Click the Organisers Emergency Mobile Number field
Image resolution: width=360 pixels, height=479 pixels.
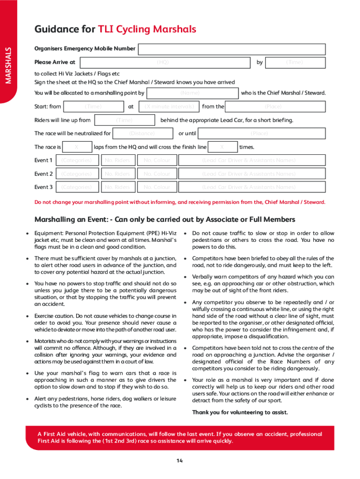pyautogui.click(x=231, y=49)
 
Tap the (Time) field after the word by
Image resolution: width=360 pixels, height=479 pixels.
pyautogui.click(x=295, y=62)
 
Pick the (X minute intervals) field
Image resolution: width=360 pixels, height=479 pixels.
pyautogui.click(x=169, y=107)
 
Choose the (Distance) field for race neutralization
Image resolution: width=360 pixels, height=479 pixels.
pyautogui.click(x=142, y=133)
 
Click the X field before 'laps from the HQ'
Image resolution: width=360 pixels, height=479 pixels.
pyautogui.click(x=77, y=147)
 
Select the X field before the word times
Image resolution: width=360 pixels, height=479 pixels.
pyautogui.click(x=222, y=147)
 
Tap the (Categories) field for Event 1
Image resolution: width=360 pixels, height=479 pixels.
pyautogui.click(x=77, y=160)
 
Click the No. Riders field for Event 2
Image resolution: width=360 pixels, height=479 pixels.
pyautogui.click(x=117, y=174)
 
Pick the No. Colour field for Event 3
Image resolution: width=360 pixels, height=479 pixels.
pyautogui.click(x=157, y=187)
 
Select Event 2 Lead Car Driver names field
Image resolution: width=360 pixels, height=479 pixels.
pyautogui.click(x=248, y=174)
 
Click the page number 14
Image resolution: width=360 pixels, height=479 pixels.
pyautogui.click(x=180, y=461)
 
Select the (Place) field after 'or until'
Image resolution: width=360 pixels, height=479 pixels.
pyautogui.click(x=260, y=133)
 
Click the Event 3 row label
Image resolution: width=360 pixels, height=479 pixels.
pyautogui.click(x=43, y=187)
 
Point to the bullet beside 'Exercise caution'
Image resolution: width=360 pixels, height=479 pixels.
pyautogui.click(x=29, y=316)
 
